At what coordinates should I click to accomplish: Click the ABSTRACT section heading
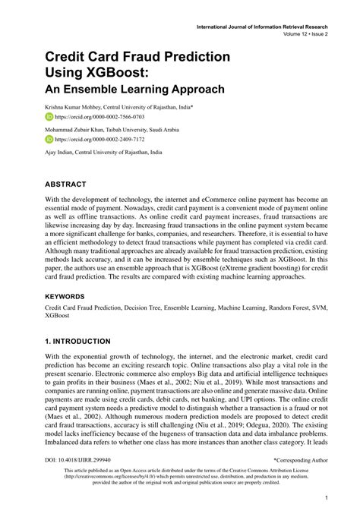pyautogui.click(x=65, y=184)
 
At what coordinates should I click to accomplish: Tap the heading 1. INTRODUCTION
pyautogui.click(x=77, y=342)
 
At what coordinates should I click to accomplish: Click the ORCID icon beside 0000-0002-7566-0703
pyautogui.click(x=49, y=118)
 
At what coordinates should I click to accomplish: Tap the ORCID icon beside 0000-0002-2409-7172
pyautogui.click(x=49, y=140)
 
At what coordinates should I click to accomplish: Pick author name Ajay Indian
pyautogui.click(x=60, y=152)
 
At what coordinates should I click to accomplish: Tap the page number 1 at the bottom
pyautogui.click(x=325, y=498)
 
